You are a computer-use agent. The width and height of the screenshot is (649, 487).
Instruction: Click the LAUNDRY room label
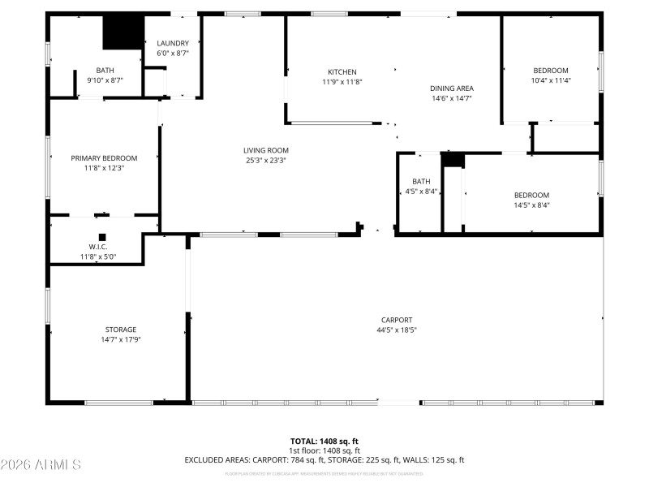(172, 44)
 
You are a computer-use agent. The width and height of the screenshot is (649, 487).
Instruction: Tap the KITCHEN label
(342, 72)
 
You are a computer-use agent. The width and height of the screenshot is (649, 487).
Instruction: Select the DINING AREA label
(451, 88)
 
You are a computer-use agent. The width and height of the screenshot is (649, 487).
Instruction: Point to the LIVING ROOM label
(266, 150)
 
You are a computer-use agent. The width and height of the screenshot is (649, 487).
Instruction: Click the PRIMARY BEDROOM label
(104, 158)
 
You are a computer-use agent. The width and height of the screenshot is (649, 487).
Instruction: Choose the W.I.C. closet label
(97, 247)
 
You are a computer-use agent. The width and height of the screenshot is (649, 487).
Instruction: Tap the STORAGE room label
(120, 330)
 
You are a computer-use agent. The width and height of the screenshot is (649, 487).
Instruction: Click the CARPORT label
(397, 320)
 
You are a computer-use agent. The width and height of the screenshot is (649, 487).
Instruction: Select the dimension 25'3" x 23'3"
(266, 160)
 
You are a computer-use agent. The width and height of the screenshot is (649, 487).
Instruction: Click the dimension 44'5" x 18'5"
(397, 330)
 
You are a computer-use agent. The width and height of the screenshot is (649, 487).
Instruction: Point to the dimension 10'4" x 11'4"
(550, 80)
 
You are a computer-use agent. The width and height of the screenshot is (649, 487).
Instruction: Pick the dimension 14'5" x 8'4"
(531, 205)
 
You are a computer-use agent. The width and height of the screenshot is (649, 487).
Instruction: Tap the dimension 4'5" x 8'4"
(421, 192)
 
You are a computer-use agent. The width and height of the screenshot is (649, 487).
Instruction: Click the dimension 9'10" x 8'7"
(105, 80)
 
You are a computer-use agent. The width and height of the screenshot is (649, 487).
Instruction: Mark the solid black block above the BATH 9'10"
(122, 32)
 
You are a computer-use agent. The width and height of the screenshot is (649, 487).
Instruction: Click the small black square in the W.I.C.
(102, 238)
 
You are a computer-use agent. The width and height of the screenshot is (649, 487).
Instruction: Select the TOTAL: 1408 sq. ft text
(324, 442)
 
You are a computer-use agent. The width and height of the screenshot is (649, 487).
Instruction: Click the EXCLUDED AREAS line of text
(324, 460)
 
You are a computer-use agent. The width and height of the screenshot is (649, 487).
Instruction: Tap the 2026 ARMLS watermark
(41, 465)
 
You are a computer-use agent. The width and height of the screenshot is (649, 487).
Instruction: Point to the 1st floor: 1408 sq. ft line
(324, 450)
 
